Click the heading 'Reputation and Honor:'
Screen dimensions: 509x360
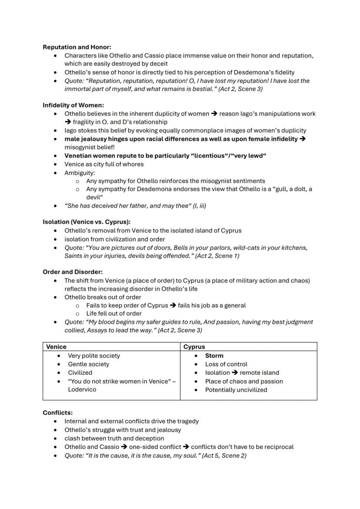(77, 47)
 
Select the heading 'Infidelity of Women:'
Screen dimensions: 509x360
(73, 105)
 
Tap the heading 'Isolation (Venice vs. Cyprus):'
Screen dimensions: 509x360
(87, 222)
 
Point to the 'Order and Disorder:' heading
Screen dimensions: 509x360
(73, 272)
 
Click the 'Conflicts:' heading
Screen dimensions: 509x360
(58, 413)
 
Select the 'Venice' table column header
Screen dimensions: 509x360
(57, 347)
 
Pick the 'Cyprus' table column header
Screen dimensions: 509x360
(194, 347)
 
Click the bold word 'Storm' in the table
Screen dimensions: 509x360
(214, 356)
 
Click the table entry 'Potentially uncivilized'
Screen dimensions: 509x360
(236, 390)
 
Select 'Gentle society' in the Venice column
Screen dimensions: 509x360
(89, 364)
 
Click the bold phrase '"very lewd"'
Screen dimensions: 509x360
(247, 156)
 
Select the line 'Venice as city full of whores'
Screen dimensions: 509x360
(104, 164)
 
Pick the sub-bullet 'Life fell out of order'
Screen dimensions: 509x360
(114, 313)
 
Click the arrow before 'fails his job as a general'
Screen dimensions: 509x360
(173, 306)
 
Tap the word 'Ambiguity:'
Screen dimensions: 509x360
(80, 173)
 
